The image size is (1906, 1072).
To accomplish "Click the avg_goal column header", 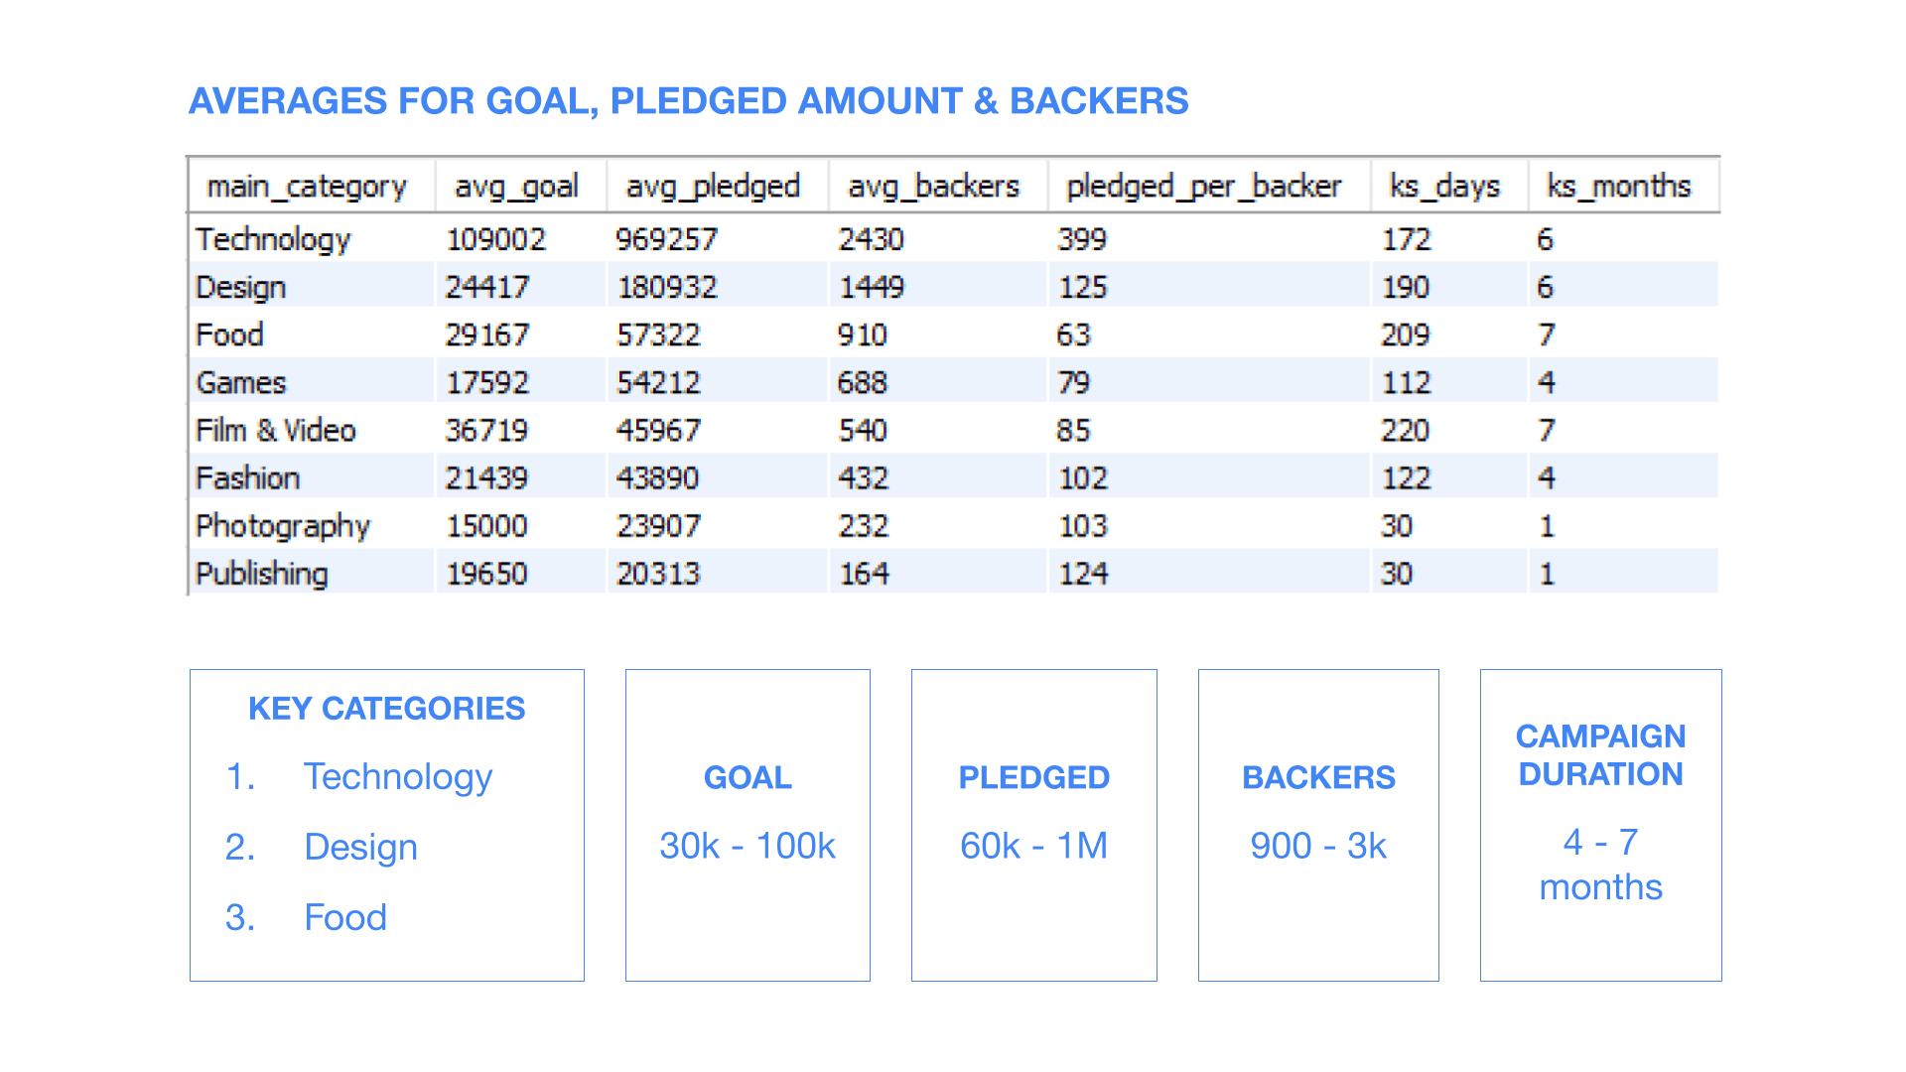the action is click(516, 187).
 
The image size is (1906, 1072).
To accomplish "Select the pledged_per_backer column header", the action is click(1203, 187).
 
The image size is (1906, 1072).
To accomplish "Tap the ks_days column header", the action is click(1444, 187).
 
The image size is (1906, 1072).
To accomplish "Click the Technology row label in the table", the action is click(273, 239).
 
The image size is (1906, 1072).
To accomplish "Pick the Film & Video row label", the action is click(276, 430).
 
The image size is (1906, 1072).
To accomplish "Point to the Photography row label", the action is click(283, 526).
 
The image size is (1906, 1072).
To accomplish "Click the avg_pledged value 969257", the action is click(666, 239).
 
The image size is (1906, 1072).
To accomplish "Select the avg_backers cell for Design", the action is click(872, 287).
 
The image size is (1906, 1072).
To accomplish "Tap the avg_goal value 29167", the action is click(487, 335).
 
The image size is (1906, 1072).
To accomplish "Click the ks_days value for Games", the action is click(1407, 382).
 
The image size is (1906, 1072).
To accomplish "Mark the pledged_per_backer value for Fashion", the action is click(1083, 477).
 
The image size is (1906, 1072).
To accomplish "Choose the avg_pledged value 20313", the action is click(658, 573).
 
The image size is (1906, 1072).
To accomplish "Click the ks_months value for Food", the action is click(1547, 335).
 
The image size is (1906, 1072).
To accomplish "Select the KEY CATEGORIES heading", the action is click(387, 709).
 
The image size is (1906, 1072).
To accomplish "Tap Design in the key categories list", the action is click(361, 848).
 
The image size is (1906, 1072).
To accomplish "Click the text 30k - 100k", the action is click(748, 846).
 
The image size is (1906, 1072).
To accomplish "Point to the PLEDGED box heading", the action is click(1034, 777).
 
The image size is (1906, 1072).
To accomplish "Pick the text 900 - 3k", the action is click(1318, 846).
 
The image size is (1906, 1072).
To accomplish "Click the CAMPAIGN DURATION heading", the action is click(1601, 755).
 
